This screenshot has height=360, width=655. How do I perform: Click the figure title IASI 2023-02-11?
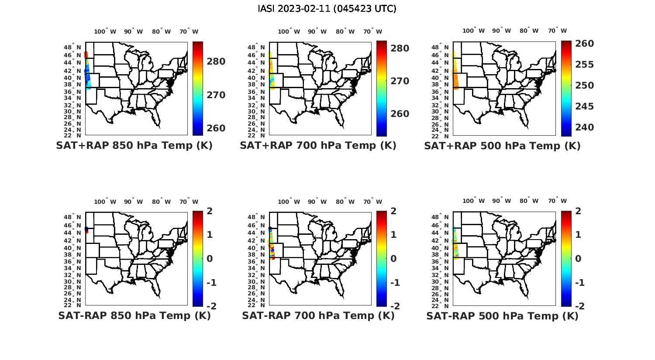point(327,9)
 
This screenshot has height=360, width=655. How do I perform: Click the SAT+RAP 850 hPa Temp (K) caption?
point(134,146)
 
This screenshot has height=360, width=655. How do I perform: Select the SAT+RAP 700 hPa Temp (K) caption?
point(318,146)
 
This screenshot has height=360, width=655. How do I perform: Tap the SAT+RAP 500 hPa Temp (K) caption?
point(502,146)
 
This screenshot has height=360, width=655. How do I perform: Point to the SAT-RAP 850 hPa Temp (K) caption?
point(134,315)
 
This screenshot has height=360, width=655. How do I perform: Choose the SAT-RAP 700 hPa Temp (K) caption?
point(318,315)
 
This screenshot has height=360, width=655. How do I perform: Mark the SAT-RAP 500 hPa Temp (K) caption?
point(502,316)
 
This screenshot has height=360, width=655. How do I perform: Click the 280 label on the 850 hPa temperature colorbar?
point(216,62)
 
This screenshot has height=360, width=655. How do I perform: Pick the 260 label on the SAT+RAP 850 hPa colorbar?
point(216,128)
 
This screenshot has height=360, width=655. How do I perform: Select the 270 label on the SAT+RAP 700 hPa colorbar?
point(400,81)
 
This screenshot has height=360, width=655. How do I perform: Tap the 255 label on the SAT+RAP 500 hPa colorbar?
point(584,65)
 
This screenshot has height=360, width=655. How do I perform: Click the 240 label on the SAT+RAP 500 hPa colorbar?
point(584,127)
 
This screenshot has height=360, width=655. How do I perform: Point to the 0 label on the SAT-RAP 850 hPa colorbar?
point(210,259)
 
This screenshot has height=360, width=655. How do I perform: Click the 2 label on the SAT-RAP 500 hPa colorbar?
point(578,211)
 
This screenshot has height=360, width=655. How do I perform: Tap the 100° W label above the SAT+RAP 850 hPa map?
point(105,31)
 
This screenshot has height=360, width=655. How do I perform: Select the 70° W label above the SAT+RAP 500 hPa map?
point(557,31)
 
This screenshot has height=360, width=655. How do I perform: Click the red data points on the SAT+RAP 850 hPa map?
point(86,55)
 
